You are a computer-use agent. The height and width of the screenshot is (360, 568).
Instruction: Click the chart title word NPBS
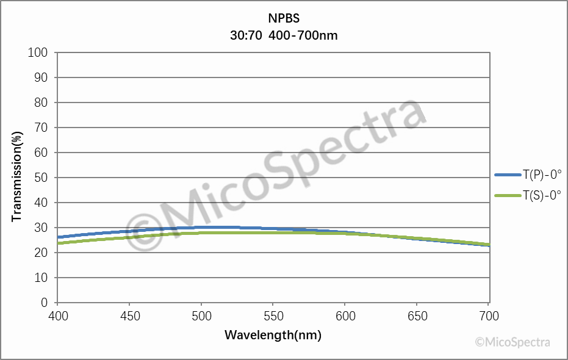coord(284,19)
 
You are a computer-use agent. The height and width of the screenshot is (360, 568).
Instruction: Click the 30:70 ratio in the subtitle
coord(246,35)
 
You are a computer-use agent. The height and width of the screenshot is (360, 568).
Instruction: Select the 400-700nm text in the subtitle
coord(303,35)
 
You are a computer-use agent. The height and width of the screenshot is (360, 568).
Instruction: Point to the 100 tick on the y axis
coord(38,52)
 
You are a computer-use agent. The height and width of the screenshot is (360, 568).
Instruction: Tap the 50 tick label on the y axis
coord(41,178)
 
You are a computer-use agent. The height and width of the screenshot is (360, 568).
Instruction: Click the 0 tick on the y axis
coord(44,303)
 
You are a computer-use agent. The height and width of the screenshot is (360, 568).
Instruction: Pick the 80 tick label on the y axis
coord(41,103)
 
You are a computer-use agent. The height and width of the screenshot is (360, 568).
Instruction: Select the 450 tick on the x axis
coord(129,316)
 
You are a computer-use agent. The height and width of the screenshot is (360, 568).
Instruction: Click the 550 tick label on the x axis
coord(273,316)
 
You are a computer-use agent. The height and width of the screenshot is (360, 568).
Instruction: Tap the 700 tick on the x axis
coord(489,316)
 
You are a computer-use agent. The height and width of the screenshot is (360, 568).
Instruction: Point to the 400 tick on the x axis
coord(57,316)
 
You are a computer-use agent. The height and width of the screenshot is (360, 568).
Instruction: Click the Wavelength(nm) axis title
coord(273,335)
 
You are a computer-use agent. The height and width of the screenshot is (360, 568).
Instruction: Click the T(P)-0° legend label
coord(541,175)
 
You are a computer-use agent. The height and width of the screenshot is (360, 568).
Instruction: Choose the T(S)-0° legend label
coord(541,195)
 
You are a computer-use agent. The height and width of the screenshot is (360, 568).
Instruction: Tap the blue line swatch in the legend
coord(507,175)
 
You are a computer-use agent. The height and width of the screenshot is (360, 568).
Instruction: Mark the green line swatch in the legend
coord(507,195)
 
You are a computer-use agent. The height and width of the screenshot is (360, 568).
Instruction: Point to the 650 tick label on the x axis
coord(417,316)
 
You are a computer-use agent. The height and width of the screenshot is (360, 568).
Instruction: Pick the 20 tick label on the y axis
coord(41,253)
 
